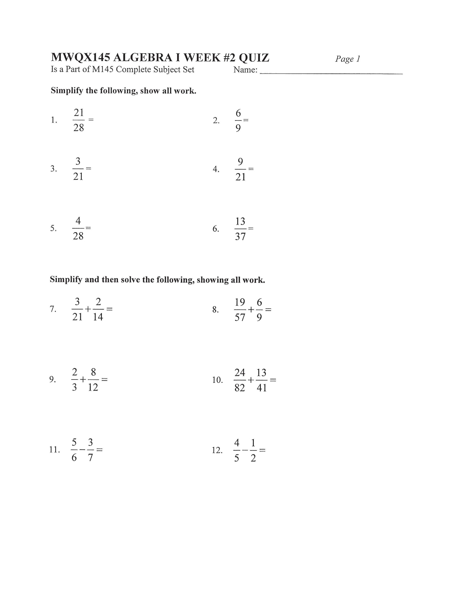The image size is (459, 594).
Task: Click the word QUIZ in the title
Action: [x=254, y=58]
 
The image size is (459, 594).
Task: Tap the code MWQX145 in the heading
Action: [x=80, y=58]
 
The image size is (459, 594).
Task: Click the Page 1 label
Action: [x=347, y=59]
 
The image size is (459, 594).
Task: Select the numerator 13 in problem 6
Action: [x=240, y=221]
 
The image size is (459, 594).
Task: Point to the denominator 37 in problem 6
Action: [x=240, y=237]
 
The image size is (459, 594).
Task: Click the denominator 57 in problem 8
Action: [x=240, y=317]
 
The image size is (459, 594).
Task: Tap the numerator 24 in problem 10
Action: [x=240, y=372]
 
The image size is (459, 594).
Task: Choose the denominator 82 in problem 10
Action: [x=240, y=388]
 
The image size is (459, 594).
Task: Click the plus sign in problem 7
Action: [x=88, y=309]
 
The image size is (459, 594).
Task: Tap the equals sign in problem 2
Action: [x=246, y=120]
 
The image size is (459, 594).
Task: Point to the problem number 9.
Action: [x=52, y=379]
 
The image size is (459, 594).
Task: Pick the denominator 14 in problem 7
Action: [x=98, y=317]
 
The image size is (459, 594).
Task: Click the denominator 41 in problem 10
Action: [x=262, y=388]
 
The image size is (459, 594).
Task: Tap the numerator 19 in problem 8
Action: [x=240, y=302]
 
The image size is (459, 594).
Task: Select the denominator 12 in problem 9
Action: [x=93, y=387]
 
